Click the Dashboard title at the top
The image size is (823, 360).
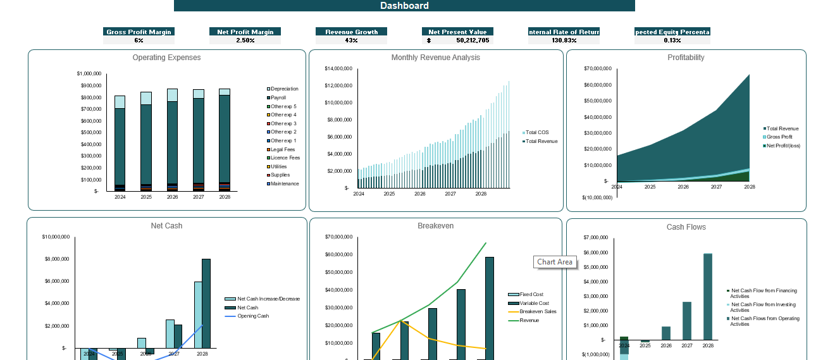coord(404,6)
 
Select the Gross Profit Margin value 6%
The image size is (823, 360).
coord(138,40)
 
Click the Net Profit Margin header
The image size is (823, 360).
coord(245,32)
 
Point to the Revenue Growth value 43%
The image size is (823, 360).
coord(351,40)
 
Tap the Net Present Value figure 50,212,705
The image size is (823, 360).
coord(472,40)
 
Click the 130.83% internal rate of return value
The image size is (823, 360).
coord(564,40)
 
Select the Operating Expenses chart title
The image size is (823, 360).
coord(166,58)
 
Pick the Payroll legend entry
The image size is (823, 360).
coord(278,98)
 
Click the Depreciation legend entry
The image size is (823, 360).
coord(283,89)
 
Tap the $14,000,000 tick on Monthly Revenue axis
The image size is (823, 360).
coord(338,68)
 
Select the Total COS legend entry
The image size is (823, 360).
coord(537,132)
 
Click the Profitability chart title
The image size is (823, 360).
coord(686,58)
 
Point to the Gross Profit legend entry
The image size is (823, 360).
coord(779,137)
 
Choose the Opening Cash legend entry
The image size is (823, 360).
coord(252,316)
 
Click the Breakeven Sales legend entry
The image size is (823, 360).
coord(537,311)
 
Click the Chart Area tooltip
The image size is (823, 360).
coord(555,262)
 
